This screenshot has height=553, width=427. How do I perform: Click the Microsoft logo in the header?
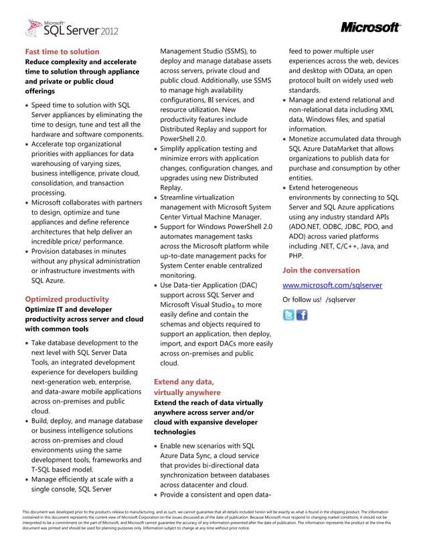[x=370, y=27]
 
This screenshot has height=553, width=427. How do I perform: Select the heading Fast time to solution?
[x=62, y=52]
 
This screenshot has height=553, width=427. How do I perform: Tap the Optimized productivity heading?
[x=66, y=299]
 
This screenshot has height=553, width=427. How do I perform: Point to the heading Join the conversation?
[x=321, y=270]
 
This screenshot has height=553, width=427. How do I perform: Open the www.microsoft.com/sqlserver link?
[x=332, y=285]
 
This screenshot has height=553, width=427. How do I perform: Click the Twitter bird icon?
[x=288, y=315]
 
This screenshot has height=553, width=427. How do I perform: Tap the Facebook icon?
[x=302, y=315]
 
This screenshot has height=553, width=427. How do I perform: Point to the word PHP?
[x=296, y=256]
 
